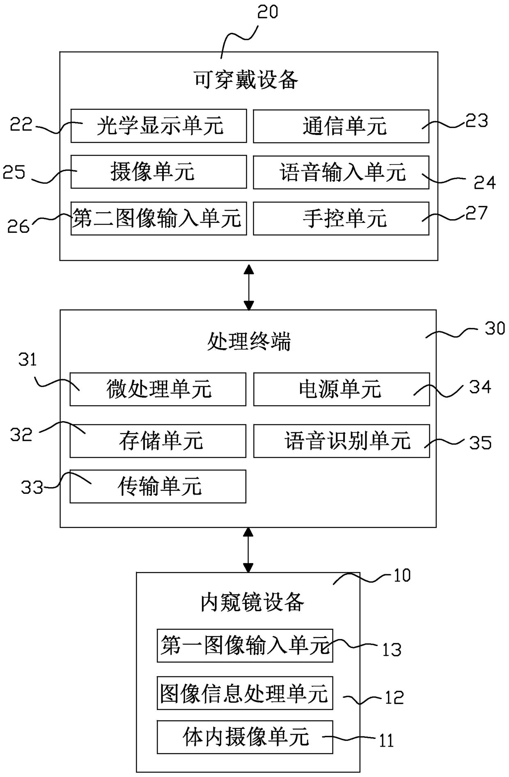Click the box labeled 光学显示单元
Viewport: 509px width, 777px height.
pyautogui.click(x=158, y=126)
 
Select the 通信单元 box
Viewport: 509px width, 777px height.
pyautogui.click(x=341, y=126)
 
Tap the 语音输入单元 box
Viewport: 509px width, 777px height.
pyautogui.click(x=341, y=172)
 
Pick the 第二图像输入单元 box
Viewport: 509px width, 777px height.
pyautogui.click(x=158, y=218)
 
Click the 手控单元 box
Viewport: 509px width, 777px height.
pyautogui.click(x=341, y=218)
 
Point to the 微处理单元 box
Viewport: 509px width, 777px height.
pyautogui.click(x=158, y=389)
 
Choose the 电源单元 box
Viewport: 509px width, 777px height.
pyautogui.click(x=342, y=389)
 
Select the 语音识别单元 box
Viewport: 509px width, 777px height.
pyautogui.click(x=342, y=441)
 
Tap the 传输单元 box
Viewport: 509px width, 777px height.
pyautogui.click(x=158, y=486)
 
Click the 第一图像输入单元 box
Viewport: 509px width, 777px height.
pyautogui.click(x=245, y=645)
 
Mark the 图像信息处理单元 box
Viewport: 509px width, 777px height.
pyautogui.click(x=245, y=693)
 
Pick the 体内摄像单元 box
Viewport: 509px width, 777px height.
pyautogui.click(x=245, y=737)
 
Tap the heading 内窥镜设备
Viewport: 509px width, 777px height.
pyautogui.click(x=252, y=602)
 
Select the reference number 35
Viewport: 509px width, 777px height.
pyautogui.click(x=480, y=442)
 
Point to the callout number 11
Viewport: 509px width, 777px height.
pyautogui.click(x=386, y=740)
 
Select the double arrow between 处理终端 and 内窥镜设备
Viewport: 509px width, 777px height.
pyautogui.click(x=248, y=550)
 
